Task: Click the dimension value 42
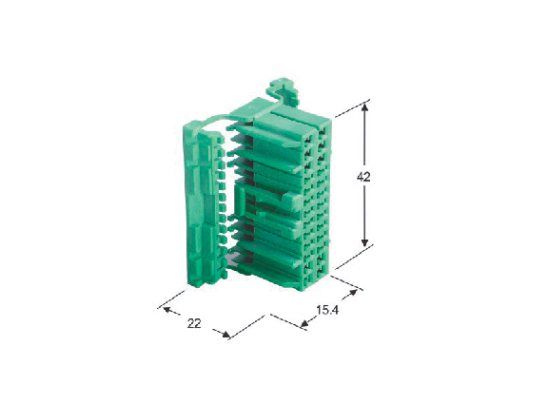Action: point(363,177)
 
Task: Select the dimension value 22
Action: point(194,324)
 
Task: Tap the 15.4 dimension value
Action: point(327,310)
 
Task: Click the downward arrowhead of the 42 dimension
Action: point(364,241)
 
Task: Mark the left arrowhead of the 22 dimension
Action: point(167,310)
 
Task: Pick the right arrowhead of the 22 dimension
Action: point(226,335)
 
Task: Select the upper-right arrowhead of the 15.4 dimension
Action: point(353,293)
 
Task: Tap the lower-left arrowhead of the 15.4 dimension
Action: point(304,324)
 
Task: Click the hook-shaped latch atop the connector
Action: point(284,91)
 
